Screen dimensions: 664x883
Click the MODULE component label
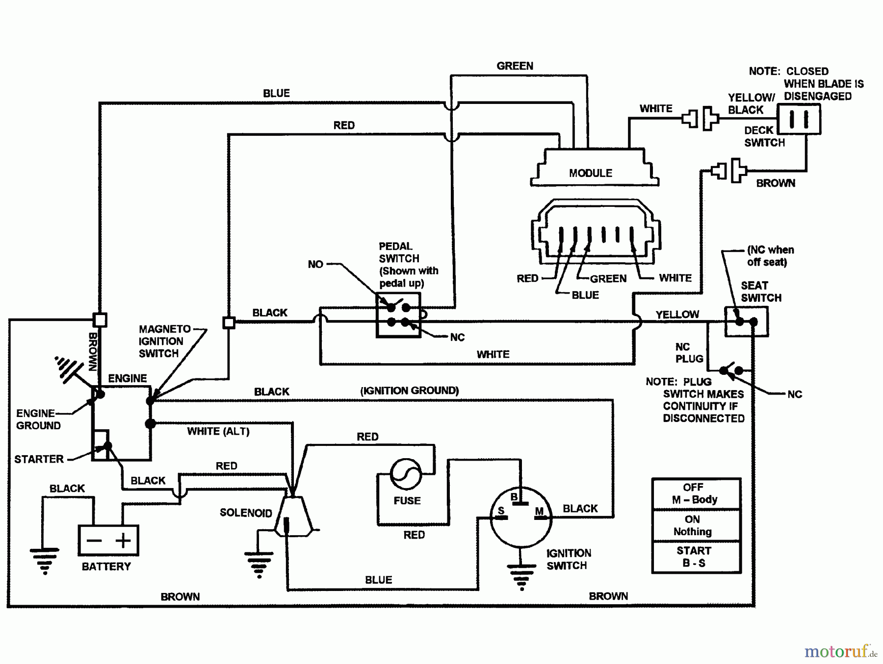pos(590,173)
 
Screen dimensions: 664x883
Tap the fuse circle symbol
pos(406,474)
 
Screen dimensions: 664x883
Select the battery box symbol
pos(108,540)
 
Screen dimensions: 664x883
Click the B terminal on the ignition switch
pos(514,497)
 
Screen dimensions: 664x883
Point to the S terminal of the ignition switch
pos(501,511)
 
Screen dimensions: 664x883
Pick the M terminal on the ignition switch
pos(539,511)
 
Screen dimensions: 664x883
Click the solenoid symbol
pos(293,516)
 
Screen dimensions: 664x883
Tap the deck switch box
pos(799,119)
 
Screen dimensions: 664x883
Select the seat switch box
pos(746,321)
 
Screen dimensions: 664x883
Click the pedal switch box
pos(398,315)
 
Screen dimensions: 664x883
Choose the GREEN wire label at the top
pos(515,66)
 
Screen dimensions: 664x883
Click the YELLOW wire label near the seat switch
pos(677,314)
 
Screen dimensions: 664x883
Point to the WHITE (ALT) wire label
pos(218,431)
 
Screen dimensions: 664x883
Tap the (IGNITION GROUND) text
pos(410,391)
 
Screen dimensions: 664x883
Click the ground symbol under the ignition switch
pos(521,576)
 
